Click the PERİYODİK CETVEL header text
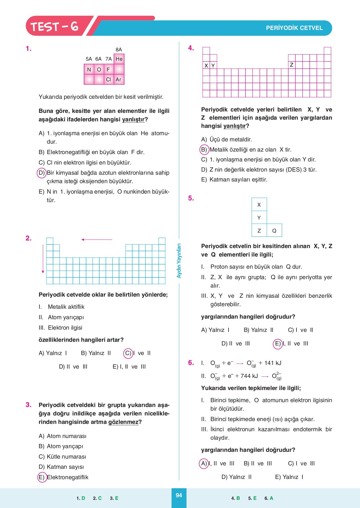294,28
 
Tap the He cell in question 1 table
119,59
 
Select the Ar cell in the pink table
118,80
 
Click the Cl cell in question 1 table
108,80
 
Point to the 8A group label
119,50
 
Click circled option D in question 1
42,173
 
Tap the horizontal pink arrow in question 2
96,240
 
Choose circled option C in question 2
128,353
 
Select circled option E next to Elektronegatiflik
42,477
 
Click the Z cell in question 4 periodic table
291,65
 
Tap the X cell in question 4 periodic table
206,65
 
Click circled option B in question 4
204,150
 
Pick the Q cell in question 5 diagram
274,231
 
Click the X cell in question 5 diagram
259,205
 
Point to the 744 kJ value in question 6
249,376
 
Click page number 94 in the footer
179,495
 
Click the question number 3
28,405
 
